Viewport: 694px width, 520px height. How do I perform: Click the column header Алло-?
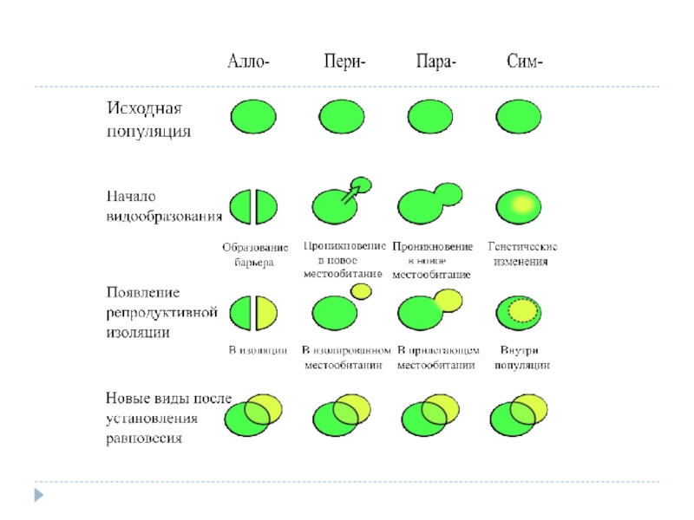[249, 62]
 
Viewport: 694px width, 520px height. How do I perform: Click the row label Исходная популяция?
[147, 120]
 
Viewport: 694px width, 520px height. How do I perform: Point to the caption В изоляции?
[258, 350]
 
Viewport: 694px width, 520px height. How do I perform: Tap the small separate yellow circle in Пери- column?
[361, 293]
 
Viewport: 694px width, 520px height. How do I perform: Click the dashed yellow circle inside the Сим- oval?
[521, 310]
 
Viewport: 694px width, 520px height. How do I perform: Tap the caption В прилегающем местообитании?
[437, 357]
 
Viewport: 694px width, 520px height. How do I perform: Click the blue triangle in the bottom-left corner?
[38, 496]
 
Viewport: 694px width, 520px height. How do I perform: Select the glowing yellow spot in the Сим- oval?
[521, 205]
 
